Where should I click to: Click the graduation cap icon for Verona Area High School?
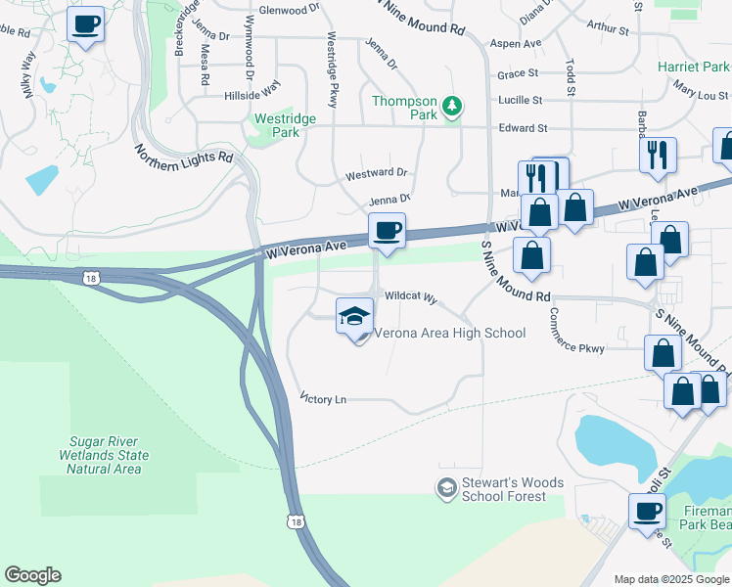(354, 316)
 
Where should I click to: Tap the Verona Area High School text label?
(446, 334)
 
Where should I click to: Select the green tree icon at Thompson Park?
(451, 105)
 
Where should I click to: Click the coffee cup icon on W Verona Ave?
(388, 231)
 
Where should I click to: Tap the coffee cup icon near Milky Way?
(86, 23)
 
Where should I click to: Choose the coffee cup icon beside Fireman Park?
(647, 511)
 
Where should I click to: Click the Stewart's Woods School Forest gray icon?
(446, 487)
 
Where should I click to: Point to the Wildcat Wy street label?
(410, 295)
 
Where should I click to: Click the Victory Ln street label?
(324, 399)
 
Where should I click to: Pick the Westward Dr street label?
(376, 173)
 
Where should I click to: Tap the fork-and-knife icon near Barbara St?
(657, 155)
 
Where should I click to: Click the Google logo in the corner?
(32, 575)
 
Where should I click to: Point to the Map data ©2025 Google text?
(671, 579)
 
